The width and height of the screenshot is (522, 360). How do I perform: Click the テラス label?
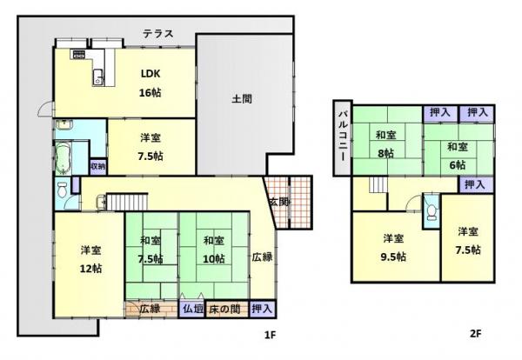point(157,34)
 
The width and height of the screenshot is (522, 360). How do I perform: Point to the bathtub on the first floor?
point(64,159)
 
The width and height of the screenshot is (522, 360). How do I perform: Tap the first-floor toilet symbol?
point(63,190)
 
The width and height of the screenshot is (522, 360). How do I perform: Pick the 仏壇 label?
point(192,308)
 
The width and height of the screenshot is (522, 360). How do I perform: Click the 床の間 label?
point(224,308)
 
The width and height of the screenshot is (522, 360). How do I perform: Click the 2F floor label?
point(476,334)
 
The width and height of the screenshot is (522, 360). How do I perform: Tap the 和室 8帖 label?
point(386,144)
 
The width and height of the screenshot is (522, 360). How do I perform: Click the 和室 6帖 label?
point(457,155)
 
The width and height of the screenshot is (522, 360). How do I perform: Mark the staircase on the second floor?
point(378,185)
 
